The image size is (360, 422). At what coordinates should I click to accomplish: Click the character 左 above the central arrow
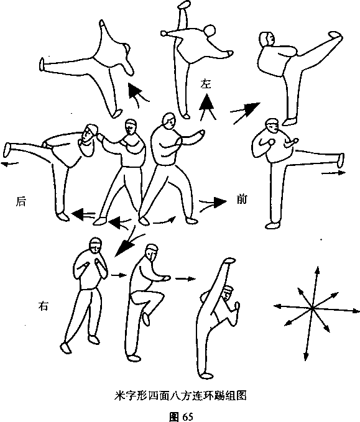coord(206,84)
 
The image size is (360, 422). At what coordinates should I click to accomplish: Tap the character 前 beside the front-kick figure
coord(241,199)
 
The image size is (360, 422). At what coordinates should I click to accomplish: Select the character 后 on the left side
coord(21,201)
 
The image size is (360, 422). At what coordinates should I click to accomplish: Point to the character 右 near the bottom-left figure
coord(43,306)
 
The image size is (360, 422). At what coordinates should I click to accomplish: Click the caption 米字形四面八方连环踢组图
coord(180,396)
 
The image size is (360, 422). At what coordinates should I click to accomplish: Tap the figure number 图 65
coord(181,416)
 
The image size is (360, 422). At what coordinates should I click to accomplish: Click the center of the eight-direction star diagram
coord(312,308)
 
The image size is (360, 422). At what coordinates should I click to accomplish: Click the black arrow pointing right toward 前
coord(213,203)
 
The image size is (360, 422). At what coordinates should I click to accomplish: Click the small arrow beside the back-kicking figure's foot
coord(10,163)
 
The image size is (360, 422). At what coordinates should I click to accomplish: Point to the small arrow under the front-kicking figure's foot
coord(333,173)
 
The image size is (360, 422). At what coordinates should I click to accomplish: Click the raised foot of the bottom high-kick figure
coord(229,260)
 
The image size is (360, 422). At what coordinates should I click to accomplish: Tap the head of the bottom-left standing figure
coord(96,245)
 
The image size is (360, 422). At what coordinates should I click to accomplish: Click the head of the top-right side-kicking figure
coord(267,39)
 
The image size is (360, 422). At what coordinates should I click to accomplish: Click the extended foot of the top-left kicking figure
coord(42,64)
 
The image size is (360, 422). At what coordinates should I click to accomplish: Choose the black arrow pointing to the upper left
coord(137,94)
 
